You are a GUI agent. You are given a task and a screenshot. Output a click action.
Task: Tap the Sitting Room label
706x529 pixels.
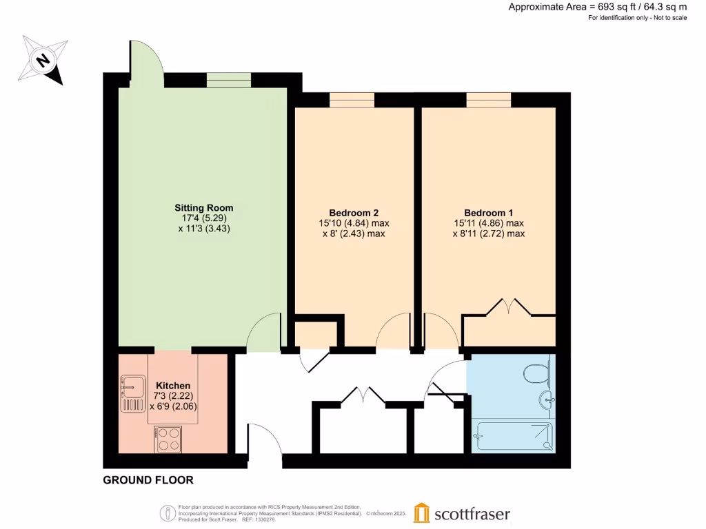click(x=203, y=207)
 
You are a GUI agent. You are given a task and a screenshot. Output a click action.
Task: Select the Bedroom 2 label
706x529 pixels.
click(x=353, y=213)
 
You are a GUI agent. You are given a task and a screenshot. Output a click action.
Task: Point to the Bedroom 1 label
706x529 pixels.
click(x=488, y=213)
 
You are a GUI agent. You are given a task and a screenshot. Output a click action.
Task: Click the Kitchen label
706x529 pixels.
click(x=173, y=385)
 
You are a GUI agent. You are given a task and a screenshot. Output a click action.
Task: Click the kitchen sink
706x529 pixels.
click(x=130, y=394)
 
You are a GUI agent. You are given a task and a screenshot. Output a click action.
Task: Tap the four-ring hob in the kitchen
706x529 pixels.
click(x=168, y=439)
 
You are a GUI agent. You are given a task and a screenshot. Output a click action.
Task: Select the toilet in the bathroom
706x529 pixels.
click(x=536, y=374)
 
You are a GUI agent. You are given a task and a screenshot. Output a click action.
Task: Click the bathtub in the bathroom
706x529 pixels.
click(x=513, y=436)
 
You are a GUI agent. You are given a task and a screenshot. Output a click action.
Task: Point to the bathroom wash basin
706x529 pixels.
click(x=548, y=399)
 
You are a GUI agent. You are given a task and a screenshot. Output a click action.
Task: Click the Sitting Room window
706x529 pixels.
click(x=230, y=81)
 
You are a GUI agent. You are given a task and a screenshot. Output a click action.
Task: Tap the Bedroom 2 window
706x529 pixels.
click(x=352, y=100)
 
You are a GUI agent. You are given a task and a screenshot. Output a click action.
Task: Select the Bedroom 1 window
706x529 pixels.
click(x=488, y=100)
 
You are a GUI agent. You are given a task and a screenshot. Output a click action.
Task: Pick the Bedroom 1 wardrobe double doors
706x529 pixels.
click(x=509, y=308)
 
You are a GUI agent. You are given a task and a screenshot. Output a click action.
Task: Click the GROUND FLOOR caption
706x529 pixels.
click(x=148, y=480)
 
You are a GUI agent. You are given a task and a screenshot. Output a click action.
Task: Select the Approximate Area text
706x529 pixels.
click(x=597, y=7)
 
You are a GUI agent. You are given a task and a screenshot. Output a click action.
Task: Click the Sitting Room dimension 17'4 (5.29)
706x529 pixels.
click(x=203, y=218)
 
